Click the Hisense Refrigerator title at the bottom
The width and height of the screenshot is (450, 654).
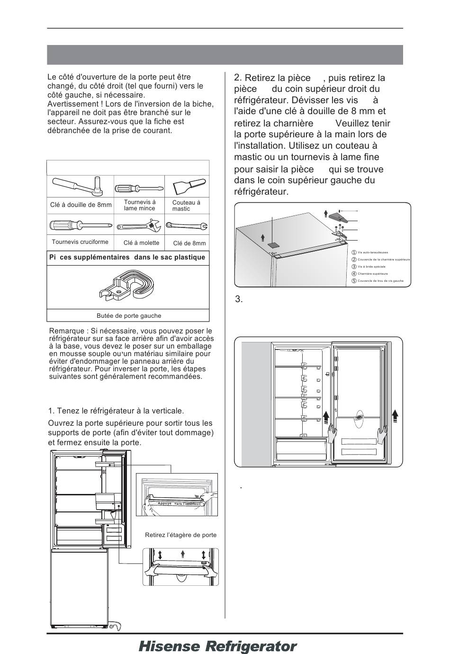218,646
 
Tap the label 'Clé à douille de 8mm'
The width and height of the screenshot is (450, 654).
81,205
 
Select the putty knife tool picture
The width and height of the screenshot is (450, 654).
187,186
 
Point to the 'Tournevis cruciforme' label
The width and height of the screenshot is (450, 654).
80,242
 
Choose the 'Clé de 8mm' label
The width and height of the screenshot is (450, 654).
189,243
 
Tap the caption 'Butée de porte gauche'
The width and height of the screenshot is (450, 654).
129,316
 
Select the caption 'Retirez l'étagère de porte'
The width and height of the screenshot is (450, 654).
180,535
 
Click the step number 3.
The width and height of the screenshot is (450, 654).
239,299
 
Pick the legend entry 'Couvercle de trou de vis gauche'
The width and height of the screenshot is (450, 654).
380,281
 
